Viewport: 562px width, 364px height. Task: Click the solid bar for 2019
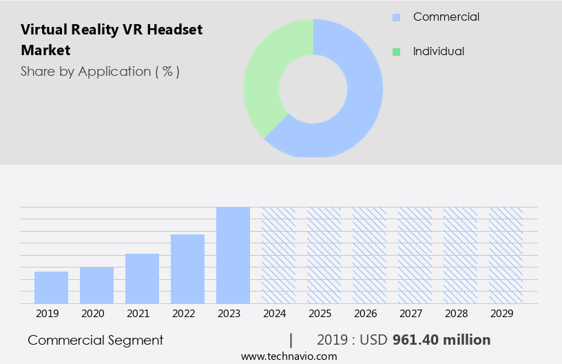[x=51, y=287]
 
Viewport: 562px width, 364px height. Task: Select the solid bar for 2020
[x=96, y=285]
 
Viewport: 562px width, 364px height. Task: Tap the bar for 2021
[x=142, y=279]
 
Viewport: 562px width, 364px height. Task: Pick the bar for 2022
[x=187, y=269]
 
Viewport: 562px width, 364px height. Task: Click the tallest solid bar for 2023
[x=233, y=255]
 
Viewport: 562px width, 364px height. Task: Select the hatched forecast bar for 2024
[x=278, y=255]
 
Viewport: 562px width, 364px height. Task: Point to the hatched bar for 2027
[x=415, y=255]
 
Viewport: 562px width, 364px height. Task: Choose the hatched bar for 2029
[x=506, y=255]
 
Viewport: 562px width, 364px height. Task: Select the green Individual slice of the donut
[x=265, y=76]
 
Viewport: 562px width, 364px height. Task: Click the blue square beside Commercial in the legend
[x=396, y=17]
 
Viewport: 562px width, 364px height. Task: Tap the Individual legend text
[x=438, y=51]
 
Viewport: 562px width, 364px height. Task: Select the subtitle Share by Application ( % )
[x=100, y=71]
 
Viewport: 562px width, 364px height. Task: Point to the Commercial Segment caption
[x=96, y=340]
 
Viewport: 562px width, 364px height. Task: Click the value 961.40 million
[x=441, y=340]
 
